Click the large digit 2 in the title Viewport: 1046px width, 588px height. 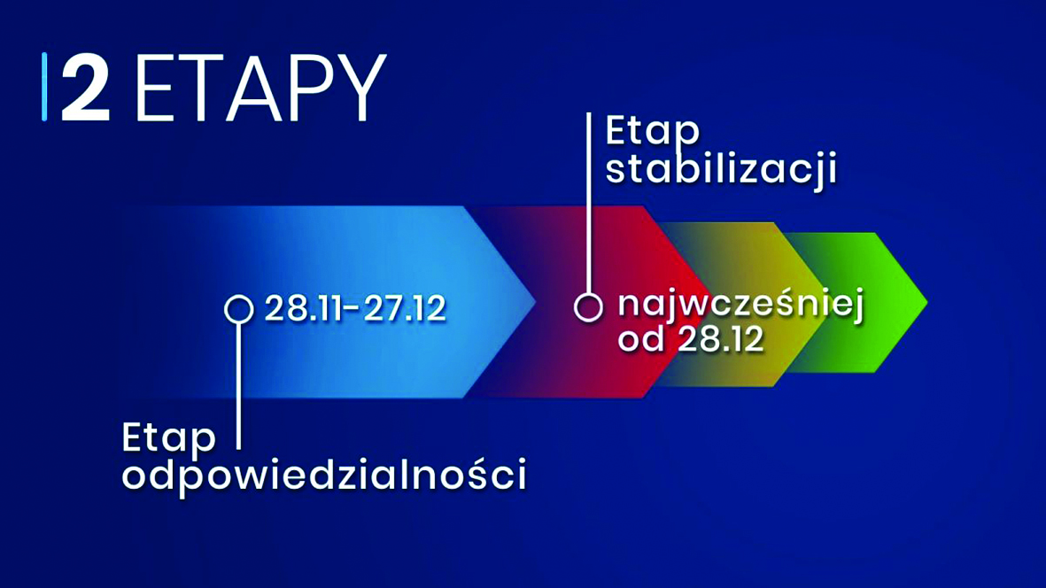(x=86, y=89)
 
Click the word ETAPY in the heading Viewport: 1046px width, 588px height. (x=260, y=89)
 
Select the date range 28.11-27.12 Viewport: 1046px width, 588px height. (x=355, y=309)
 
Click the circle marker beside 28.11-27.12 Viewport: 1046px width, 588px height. (x=238, y=309)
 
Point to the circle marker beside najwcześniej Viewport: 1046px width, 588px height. (x=588, y=307)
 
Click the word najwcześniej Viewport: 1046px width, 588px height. (x=740, y=306)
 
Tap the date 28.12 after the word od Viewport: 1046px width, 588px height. (x=720, y=340)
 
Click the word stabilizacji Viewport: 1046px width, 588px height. (x=721, y=169)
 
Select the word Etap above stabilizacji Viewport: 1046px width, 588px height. (x=653, y=132)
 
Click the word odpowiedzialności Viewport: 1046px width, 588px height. (x=324, y=475)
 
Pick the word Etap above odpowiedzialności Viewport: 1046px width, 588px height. (x=169, y=437)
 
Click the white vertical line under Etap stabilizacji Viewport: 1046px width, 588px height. (x=588, y=204)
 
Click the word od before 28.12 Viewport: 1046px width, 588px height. (x=640, y=340)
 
